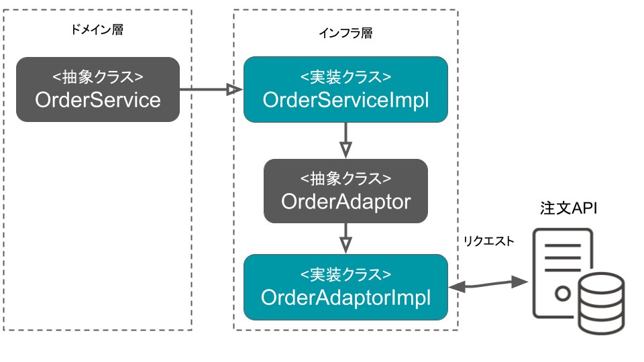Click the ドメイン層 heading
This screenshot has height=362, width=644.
97,29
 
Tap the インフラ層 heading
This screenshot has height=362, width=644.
346,33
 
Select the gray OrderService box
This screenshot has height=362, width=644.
98,89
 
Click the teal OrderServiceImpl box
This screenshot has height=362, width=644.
346,89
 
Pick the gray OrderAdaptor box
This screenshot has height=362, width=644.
346,191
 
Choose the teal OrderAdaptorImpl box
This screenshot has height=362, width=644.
346,288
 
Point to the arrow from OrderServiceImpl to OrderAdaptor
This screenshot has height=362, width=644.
346,140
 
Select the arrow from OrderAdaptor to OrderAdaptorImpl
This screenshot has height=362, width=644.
346,239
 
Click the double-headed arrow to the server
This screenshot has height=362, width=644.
488,284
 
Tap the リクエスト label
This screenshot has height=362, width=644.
489,241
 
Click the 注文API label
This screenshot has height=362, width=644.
568,208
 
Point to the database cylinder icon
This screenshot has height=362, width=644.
602,303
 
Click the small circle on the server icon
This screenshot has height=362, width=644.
563,294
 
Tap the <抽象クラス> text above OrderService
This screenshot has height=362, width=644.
98,77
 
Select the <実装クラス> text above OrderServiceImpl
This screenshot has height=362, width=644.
346,77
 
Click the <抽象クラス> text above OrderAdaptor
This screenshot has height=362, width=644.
346,178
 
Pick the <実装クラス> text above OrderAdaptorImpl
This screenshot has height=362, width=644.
346,275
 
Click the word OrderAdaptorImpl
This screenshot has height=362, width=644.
346,298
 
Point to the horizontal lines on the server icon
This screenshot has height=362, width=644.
563,258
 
